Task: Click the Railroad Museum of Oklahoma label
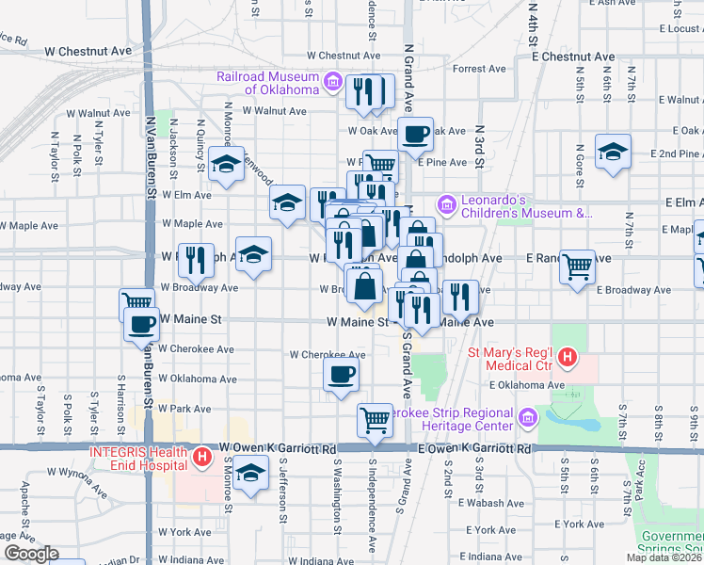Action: [x=269, y=83]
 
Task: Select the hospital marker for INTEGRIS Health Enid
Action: [x=201, y=459]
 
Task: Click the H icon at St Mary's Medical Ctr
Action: [x=567, y=358]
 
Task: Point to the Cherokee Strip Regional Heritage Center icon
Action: [x=527, y=416]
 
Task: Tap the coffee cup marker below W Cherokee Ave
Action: [x=341, y=374]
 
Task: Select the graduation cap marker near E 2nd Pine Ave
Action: [x=613, y=152]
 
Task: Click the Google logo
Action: [x=31, y=554]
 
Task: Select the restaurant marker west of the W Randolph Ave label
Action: [x=195, y=260]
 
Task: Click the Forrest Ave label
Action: [x=480, y=69]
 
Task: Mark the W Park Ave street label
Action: [x=184, y=410]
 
